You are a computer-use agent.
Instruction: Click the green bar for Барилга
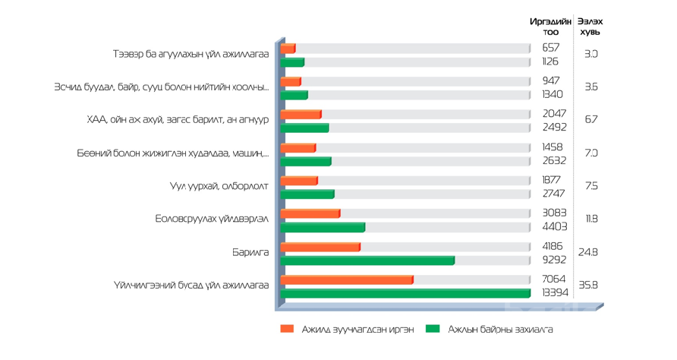coord(367,261)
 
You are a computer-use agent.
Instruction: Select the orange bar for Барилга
coord(320,247)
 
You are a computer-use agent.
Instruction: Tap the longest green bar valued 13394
coord(405,293)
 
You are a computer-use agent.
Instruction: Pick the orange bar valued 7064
coord(347,279)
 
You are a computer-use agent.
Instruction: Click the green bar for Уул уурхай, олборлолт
coord(307,194)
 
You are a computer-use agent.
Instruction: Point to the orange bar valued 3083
coord(310,213)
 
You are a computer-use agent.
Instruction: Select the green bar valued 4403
coord(323,227)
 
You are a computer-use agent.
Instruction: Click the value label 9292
coord(554,260)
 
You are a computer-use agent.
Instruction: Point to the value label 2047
coord(554,114)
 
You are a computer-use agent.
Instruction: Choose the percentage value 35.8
coord(589,285)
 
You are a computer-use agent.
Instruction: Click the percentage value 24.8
coord(589,252)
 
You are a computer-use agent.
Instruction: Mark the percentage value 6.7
coord(591,120)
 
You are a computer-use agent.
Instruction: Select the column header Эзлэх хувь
coord(590,27)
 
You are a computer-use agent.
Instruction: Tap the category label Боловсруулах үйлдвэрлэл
coord(212,219)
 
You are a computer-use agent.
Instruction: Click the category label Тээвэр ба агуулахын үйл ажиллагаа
coord(191,55)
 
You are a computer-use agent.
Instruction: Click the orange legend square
coord(287,329)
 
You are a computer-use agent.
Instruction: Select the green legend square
coord(433,329)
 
